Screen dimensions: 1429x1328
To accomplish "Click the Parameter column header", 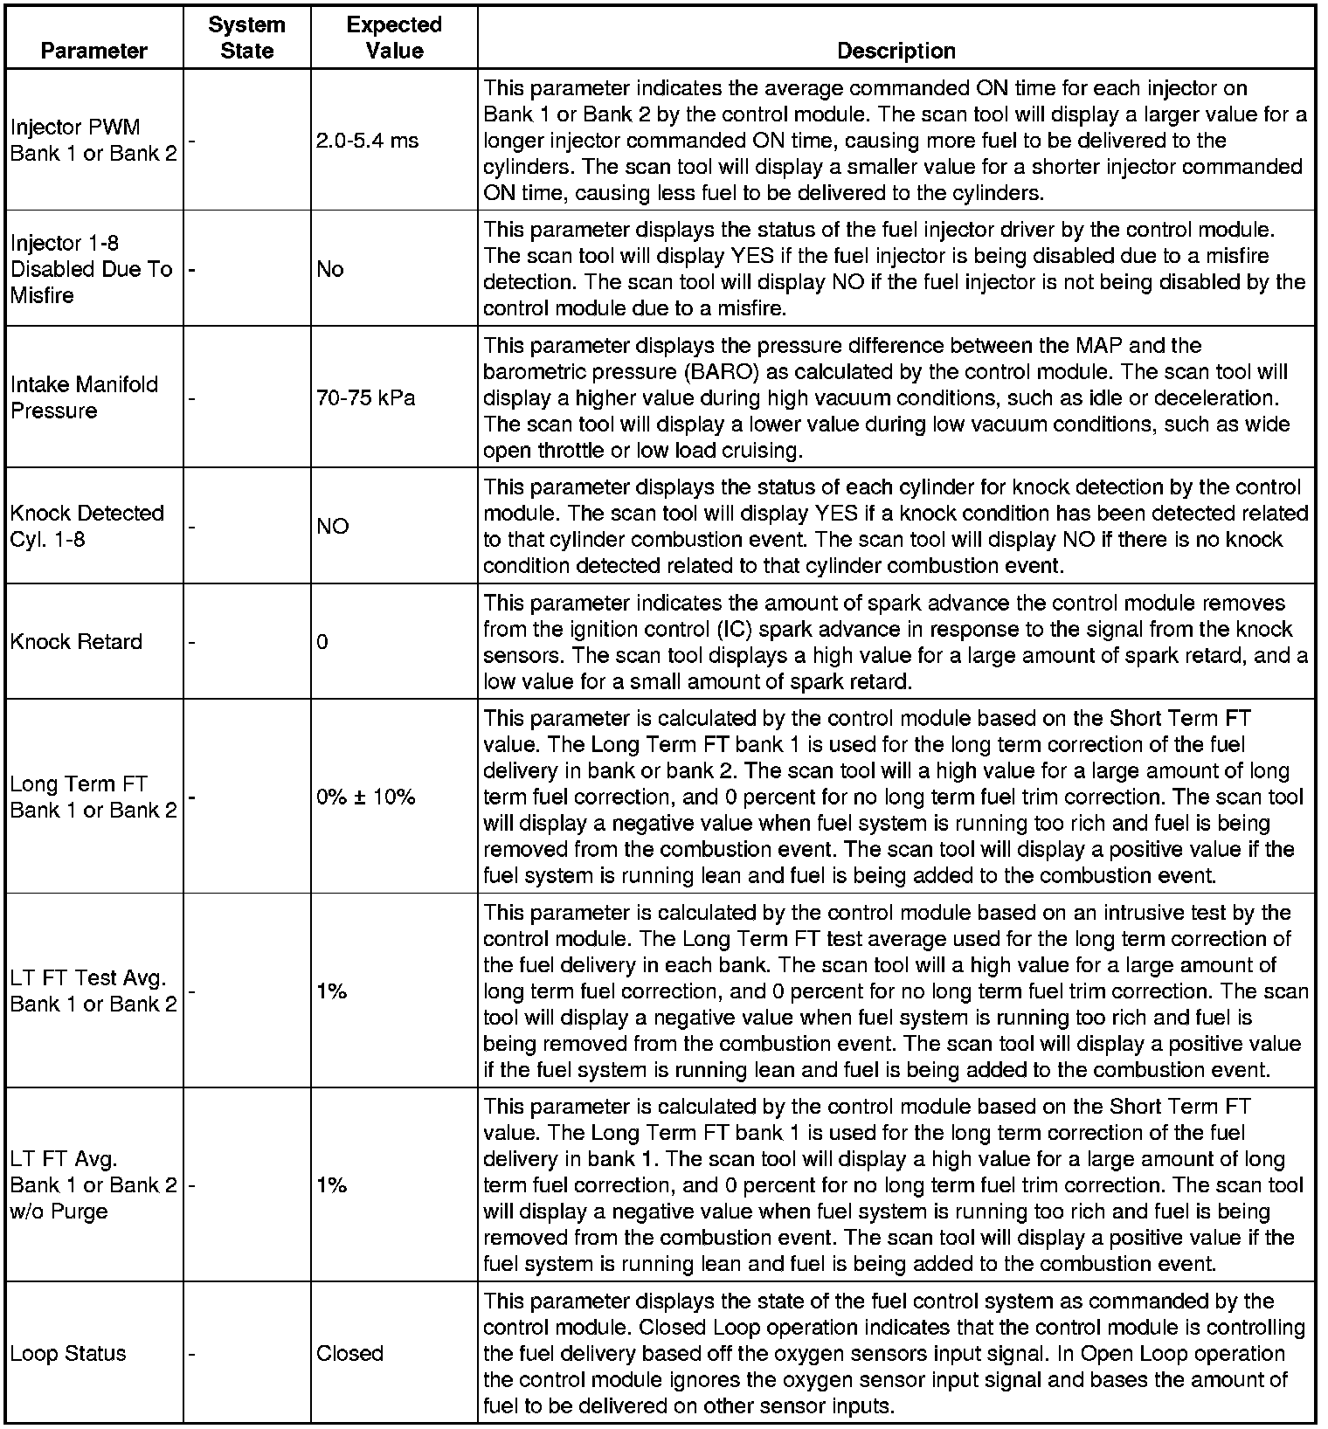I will coord(93,51).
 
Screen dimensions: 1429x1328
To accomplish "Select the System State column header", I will coord(246,38).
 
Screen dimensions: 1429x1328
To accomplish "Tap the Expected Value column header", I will coord(394,38).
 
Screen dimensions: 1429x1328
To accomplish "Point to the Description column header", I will coord(896,51).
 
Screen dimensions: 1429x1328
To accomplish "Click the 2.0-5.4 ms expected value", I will coord(367,141).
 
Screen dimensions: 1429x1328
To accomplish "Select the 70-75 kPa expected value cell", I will coord(365,398).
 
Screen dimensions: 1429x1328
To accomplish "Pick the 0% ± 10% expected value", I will coord(365,797).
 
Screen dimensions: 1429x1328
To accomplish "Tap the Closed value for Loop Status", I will coord(349,1353).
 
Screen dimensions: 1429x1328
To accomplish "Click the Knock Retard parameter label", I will coord(76,642).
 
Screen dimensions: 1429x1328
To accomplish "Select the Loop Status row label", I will coord(68,1353).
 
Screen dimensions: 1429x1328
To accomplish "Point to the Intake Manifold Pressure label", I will coord(84,397).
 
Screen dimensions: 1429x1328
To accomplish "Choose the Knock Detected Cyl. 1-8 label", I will coord(87,526).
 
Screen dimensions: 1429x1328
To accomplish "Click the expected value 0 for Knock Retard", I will coord(322,642).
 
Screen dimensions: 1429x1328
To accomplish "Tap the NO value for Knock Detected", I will coord(332,526).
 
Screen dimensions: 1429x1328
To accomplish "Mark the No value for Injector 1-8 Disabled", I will coord(330,269).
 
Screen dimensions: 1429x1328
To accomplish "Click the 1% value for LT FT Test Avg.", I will coord(332,991).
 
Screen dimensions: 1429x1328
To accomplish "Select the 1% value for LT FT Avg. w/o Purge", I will coord(332,1185).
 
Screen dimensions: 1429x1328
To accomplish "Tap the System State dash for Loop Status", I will coord(192,1353).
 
